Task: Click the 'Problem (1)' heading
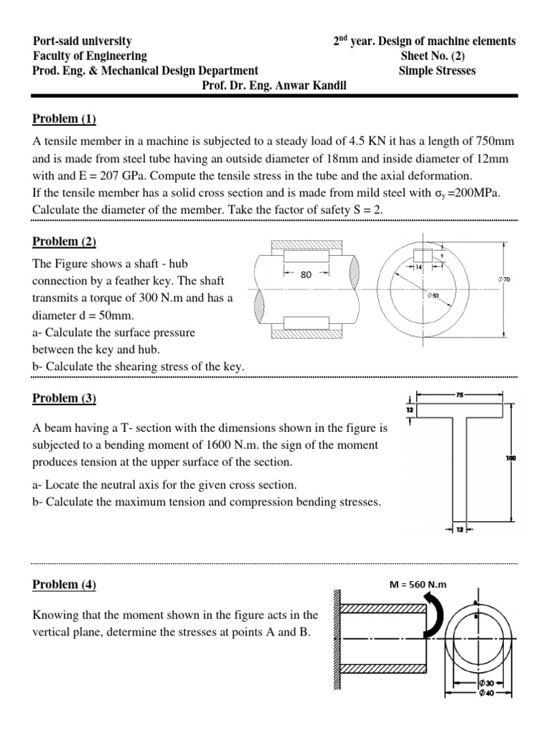[x=64, y=119]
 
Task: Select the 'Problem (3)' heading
[x=64, y=398]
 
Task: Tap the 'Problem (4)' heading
[x=64, y=585]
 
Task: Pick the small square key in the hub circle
[x=422, y=255]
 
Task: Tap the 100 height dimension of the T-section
[x=510, y=458]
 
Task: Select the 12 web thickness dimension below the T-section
[x=460, y=529]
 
